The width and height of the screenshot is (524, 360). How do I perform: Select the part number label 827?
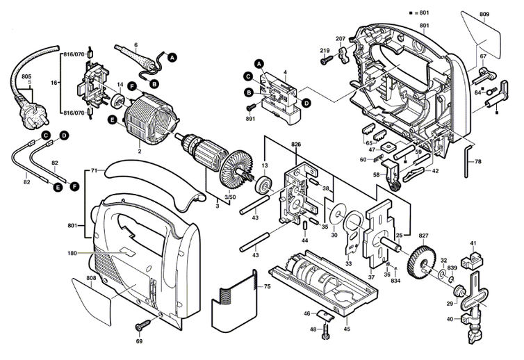point(423,236)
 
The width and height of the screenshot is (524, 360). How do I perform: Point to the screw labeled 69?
point(144,324)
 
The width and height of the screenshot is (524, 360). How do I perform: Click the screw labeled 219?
point(327,60)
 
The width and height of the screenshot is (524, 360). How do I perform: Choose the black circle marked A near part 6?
point(172,58)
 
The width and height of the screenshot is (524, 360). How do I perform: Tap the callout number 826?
point(296,145)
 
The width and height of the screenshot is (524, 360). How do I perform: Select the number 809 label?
point(484,15)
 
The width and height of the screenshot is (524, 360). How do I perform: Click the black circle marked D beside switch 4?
point(306,104)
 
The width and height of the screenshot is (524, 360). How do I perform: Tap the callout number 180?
point(72,253)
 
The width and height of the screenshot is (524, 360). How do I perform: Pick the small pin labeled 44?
point(305,227)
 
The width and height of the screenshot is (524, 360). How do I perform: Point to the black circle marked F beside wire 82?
point(74,186)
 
